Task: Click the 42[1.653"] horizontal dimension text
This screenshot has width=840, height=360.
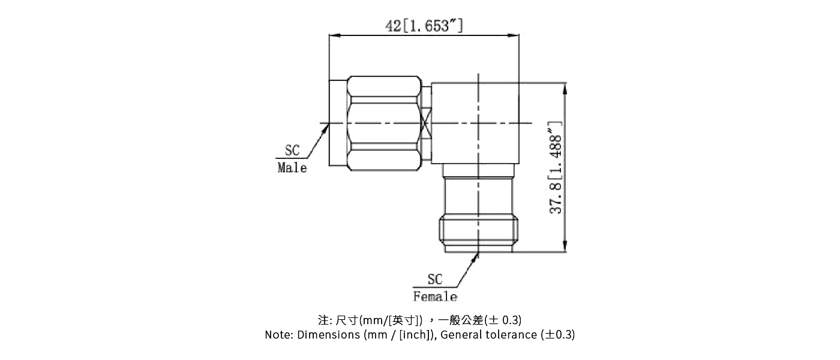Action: (424, 26)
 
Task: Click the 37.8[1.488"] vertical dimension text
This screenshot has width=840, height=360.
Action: (556, 167)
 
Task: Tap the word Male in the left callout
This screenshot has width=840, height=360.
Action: (292, 168)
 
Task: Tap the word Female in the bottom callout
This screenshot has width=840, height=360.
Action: (435, 297)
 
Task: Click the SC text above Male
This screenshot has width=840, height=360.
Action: (292, 151)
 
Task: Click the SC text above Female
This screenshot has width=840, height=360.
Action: (435, 280)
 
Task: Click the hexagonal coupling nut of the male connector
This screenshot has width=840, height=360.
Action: (384, 124)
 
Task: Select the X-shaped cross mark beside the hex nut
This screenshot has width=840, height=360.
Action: (426, 124)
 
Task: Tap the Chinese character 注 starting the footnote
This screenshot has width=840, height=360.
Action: (322, 319)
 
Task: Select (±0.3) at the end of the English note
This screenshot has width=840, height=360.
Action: (557, 335)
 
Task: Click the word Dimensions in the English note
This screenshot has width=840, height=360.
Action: (329, 335)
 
